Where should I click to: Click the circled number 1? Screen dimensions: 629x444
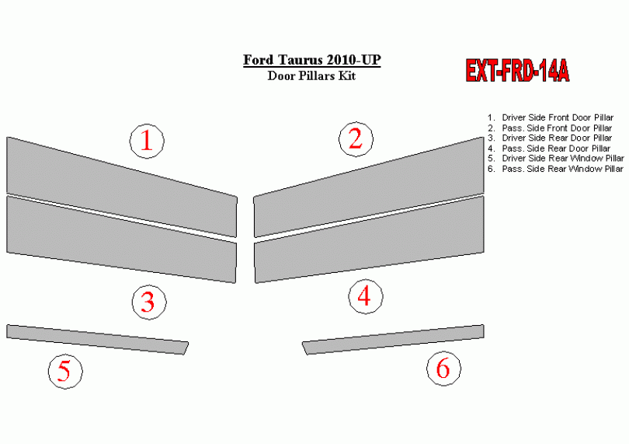147,141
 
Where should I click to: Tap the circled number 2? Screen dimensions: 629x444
356,139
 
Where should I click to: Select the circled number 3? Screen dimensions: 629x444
149,302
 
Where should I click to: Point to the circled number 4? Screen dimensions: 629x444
366,296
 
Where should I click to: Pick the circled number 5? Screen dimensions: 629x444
65,371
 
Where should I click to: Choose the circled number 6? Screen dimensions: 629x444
443,369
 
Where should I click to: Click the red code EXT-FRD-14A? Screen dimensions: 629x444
517,71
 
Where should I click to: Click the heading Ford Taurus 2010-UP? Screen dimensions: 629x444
311,60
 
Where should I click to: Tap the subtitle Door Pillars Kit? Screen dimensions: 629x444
311,75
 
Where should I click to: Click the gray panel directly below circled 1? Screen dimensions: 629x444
122,187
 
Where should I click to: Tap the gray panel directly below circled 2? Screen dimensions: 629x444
369,187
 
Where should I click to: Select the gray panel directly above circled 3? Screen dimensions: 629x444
122,239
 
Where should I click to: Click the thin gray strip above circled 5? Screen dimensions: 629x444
98,340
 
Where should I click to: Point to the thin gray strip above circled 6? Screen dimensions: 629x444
393,340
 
